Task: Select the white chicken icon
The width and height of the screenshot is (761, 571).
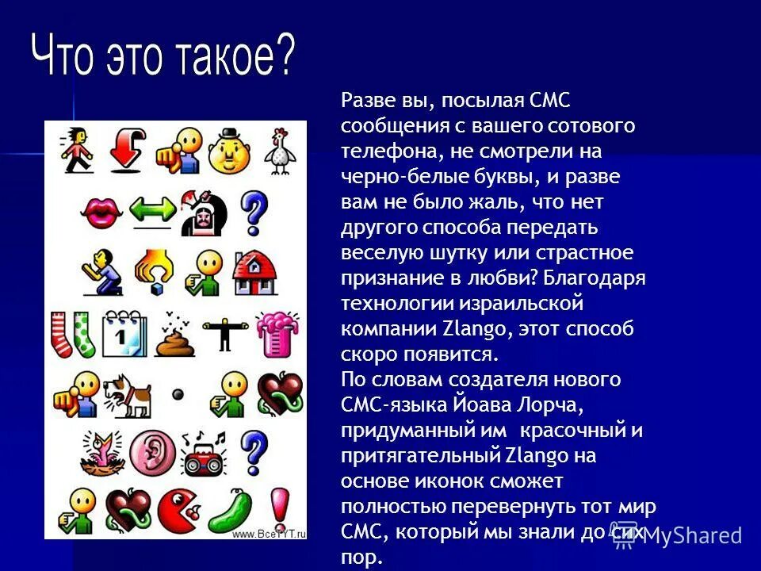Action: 278,151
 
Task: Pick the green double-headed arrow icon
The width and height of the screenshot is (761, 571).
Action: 151,210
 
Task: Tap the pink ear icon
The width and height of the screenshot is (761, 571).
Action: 150,451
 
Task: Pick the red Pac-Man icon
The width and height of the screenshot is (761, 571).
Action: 179,508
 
